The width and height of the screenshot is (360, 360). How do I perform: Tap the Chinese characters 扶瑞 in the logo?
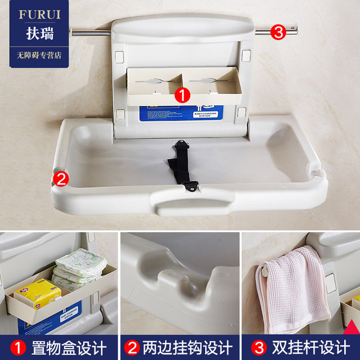point(35,33)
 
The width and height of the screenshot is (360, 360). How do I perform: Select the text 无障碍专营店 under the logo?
point(35,56)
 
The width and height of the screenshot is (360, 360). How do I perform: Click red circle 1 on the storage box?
point(182,94)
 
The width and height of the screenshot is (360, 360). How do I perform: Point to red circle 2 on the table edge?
point(61,179)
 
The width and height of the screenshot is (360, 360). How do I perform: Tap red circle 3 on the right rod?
point(278,31)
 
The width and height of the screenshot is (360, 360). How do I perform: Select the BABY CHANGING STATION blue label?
point(205,115)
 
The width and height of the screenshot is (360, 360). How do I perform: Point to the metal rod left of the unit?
point(90,33)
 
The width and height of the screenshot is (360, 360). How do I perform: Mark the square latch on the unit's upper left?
point(119,57)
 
